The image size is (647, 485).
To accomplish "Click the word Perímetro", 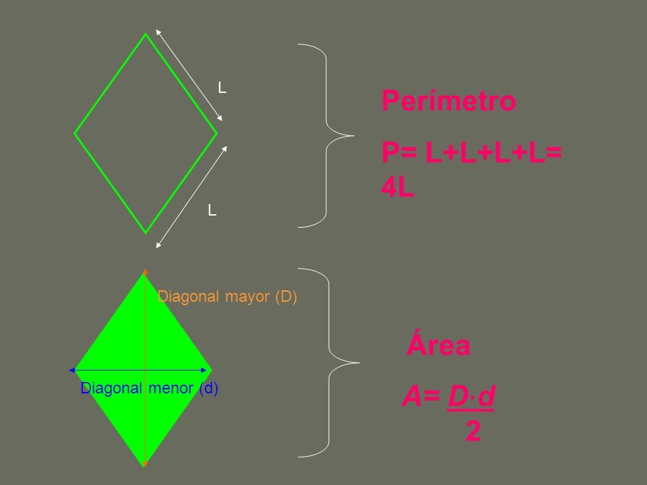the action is [x=449, y=100].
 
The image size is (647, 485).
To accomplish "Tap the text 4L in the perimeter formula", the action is [x=398, y=188].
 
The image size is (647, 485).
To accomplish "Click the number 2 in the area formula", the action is [x=473, y=431].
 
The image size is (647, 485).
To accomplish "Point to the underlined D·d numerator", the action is [x=471, y=397].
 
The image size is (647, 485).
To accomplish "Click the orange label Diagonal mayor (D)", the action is [x=227, y=296].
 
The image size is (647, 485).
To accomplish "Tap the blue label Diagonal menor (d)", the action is [x=150, y=388].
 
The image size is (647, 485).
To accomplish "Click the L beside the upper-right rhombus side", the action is [x=222, y=88].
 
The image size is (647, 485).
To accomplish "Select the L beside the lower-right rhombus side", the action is [x=212, y=210].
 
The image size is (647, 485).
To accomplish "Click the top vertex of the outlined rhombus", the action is [x=146, y=34].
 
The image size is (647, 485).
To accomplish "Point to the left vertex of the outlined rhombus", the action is [x=75, y=133].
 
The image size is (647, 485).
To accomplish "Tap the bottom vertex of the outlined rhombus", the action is [x=146, y=233].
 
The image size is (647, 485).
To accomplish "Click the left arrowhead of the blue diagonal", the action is [x=72, y=370].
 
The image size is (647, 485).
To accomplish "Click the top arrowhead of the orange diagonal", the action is [x=146, y=271].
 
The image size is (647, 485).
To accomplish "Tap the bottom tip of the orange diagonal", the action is [x=146, y=465].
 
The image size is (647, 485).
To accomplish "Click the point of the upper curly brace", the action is [x=353, y=135].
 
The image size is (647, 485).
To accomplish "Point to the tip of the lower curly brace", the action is [x=359, y=363].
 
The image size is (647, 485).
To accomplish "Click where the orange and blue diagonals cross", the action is [x=146, y=370].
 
